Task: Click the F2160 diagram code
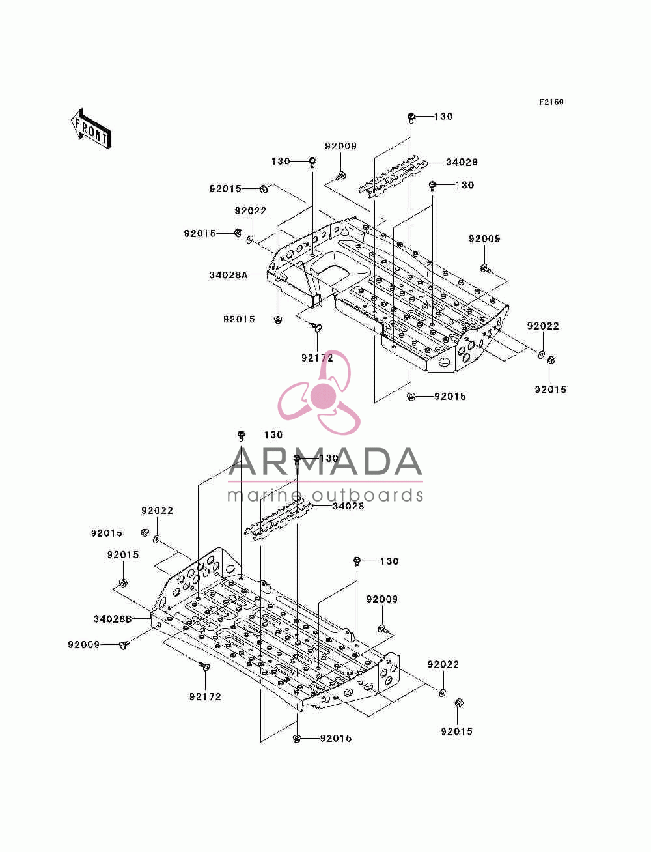pos(551,102)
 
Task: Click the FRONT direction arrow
pos(91,129)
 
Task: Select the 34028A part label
pos(228,275)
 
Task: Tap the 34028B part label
pos(113,619)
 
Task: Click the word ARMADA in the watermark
pos(325,462)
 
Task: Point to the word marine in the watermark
pos(264,496)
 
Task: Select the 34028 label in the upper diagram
pos(462,162)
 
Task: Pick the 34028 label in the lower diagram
pos(348,505)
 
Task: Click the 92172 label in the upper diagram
pos(317,358)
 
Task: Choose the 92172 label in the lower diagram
pos(205,697)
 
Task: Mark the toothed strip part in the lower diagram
pos(278,520)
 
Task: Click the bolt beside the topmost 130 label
pos(411,117)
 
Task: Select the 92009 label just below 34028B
pos(84,645)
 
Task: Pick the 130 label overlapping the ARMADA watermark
pos(329,459)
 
